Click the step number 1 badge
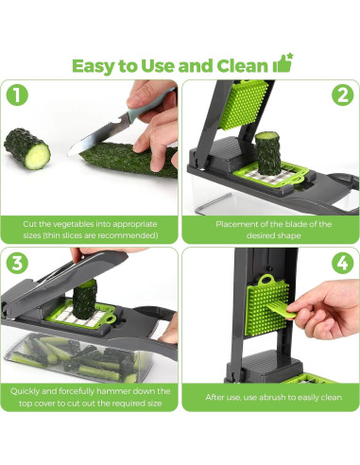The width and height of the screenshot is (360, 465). [19, 96]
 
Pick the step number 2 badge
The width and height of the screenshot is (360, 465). [341, 96]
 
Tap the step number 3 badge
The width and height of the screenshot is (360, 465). [19, 264]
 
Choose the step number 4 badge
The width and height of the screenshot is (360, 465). [341, 264]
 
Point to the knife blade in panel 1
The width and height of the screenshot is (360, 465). [104, 131]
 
